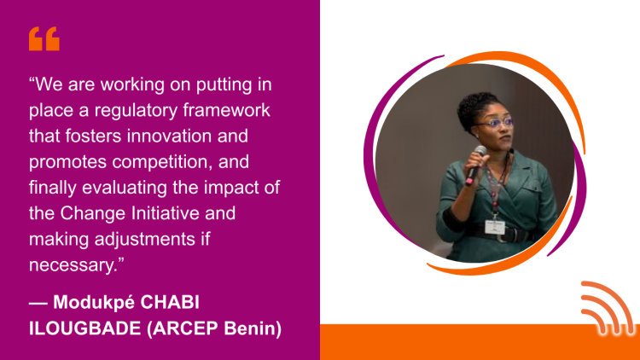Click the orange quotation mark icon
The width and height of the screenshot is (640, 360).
(44, 38)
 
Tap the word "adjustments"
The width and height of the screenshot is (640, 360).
(145, 240)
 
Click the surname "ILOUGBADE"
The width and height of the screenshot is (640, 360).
(84, 328)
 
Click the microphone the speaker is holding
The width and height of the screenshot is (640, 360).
(476, 165)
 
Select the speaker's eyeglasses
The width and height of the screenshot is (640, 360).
(496, 123)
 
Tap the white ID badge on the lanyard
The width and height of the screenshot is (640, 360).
(495, 227)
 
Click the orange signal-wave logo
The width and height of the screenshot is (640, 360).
(607, 308)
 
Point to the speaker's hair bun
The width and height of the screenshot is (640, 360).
(475, 106)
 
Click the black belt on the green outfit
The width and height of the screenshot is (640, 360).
(501, 234)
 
